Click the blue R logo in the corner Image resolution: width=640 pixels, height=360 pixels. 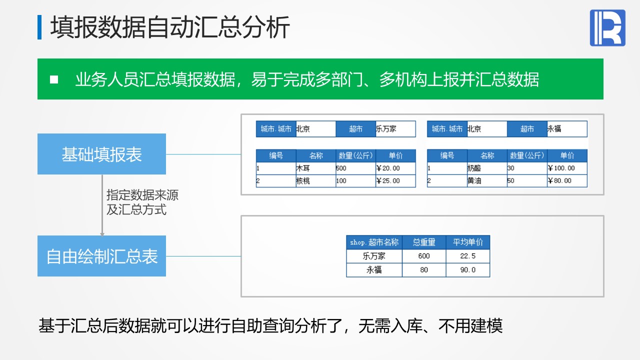[607, 27]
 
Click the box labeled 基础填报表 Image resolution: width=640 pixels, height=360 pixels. [101, 154]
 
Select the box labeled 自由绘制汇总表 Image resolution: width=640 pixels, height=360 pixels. [101, 256]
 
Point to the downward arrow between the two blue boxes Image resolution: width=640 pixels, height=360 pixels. [102, 205]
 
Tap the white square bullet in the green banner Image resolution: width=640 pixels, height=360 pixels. [54, 79]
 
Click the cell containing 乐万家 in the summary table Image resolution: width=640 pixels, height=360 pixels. [374, 256]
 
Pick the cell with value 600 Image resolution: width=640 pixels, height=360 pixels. [424, 256]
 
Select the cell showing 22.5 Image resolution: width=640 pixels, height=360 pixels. [467, 256]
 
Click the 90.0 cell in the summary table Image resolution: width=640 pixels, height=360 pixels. [467, 270]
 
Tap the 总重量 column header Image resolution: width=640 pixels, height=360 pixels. [424, 242]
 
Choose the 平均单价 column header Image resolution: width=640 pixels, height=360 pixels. [467, 242]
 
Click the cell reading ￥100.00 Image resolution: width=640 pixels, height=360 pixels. [567, 168]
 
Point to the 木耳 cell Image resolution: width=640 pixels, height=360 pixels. [315, 168]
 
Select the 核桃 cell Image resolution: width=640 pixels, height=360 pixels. [315, 181]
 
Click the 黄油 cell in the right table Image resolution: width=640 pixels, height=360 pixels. [487, 181]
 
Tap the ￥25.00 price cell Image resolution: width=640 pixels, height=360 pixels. [395, 181]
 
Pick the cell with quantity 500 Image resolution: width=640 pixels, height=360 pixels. [355, 168]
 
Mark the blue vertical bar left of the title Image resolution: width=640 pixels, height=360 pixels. [39, 27]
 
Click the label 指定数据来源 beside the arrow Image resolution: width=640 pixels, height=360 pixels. [142, 195]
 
